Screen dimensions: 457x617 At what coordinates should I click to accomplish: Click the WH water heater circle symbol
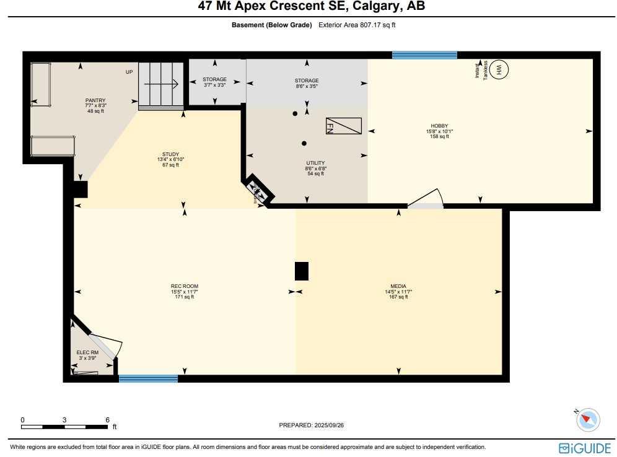(499, 70)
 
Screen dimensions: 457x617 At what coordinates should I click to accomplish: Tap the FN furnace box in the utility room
(343, 126)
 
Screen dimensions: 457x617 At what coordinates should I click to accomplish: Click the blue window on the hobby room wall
(424, 55)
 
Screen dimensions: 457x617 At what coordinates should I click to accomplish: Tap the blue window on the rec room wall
(148, 378)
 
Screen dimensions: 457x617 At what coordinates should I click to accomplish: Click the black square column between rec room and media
(301, 271)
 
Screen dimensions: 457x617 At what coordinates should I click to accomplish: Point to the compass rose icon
(587, 420)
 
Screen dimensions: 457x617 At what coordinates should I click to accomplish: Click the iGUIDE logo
(584, 448)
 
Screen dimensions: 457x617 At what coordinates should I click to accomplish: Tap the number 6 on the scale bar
(107, 420)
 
